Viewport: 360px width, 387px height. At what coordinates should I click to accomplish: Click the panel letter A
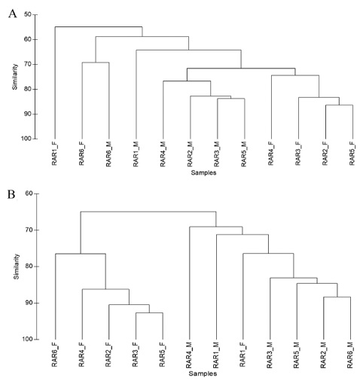12,14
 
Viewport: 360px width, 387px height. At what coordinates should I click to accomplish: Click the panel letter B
11,194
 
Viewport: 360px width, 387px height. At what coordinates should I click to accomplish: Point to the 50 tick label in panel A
28,14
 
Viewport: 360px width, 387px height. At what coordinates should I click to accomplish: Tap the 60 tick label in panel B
29,193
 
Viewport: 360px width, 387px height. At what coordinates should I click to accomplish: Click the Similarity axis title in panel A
15,77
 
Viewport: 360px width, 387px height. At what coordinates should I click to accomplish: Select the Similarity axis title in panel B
17,267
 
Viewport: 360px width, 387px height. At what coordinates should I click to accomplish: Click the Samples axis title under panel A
203,172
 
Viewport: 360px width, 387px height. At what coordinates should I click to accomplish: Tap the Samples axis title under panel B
203,373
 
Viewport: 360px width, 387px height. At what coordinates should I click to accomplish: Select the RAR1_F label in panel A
54,154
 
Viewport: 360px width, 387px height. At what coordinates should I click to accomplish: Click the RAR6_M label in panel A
108,154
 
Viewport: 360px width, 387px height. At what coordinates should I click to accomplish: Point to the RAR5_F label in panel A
352,154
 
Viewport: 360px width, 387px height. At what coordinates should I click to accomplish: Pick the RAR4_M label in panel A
163,154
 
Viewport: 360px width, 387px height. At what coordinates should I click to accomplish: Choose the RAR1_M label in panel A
136,154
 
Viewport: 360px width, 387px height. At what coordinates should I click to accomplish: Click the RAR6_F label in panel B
54,355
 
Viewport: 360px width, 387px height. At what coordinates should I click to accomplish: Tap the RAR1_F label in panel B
243,355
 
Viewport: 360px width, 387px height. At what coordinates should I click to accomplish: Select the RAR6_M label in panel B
350,355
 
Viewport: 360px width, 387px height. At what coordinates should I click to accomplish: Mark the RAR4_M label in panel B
189,355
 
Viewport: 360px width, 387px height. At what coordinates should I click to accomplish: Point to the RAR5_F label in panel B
162,355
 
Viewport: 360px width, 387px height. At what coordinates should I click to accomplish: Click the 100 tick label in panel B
28,340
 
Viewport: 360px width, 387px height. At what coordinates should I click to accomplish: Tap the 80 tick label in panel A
28,89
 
